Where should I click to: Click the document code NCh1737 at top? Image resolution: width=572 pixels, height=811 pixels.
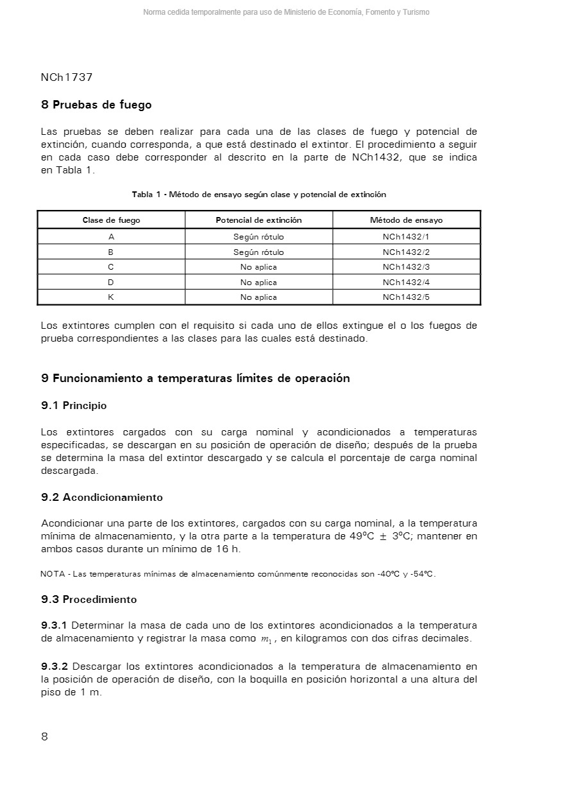(67, 77)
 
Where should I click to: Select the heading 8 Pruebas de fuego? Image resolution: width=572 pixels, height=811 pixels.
(96, 105)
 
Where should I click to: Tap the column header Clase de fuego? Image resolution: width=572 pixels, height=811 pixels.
(111, 220)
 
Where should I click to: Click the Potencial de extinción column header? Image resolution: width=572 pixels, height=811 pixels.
(258, 220)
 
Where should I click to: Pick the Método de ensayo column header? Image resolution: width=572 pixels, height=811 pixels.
(406, 220)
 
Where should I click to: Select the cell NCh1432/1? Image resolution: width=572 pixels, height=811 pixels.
(406, 237)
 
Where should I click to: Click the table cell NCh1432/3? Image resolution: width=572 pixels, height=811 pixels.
(406, 267)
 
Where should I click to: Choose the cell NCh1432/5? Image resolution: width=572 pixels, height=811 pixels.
(406, 297)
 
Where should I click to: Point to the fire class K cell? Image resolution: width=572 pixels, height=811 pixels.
(111, 297)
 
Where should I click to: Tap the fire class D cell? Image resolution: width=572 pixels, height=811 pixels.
(111, 283)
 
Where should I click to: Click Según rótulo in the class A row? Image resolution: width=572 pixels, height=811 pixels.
(258, 237)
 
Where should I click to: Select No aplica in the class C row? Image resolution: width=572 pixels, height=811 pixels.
(258, 267)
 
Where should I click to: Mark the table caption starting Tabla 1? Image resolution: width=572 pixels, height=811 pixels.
(259, 195)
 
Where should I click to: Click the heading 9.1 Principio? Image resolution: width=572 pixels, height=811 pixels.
(74, 406)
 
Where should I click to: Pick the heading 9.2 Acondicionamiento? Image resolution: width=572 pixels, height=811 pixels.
(102, 498)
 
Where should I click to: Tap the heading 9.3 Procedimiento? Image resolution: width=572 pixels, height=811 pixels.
(89, 600)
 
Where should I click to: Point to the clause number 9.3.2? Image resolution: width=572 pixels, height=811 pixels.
(55, 667)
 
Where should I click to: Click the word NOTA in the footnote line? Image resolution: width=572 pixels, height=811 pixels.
(52, 574)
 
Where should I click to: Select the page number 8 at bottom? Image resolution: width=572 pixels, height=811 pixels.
(44, 737)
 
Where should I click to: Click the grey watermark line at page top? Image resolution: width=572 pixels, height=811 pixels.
(286, 12)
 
